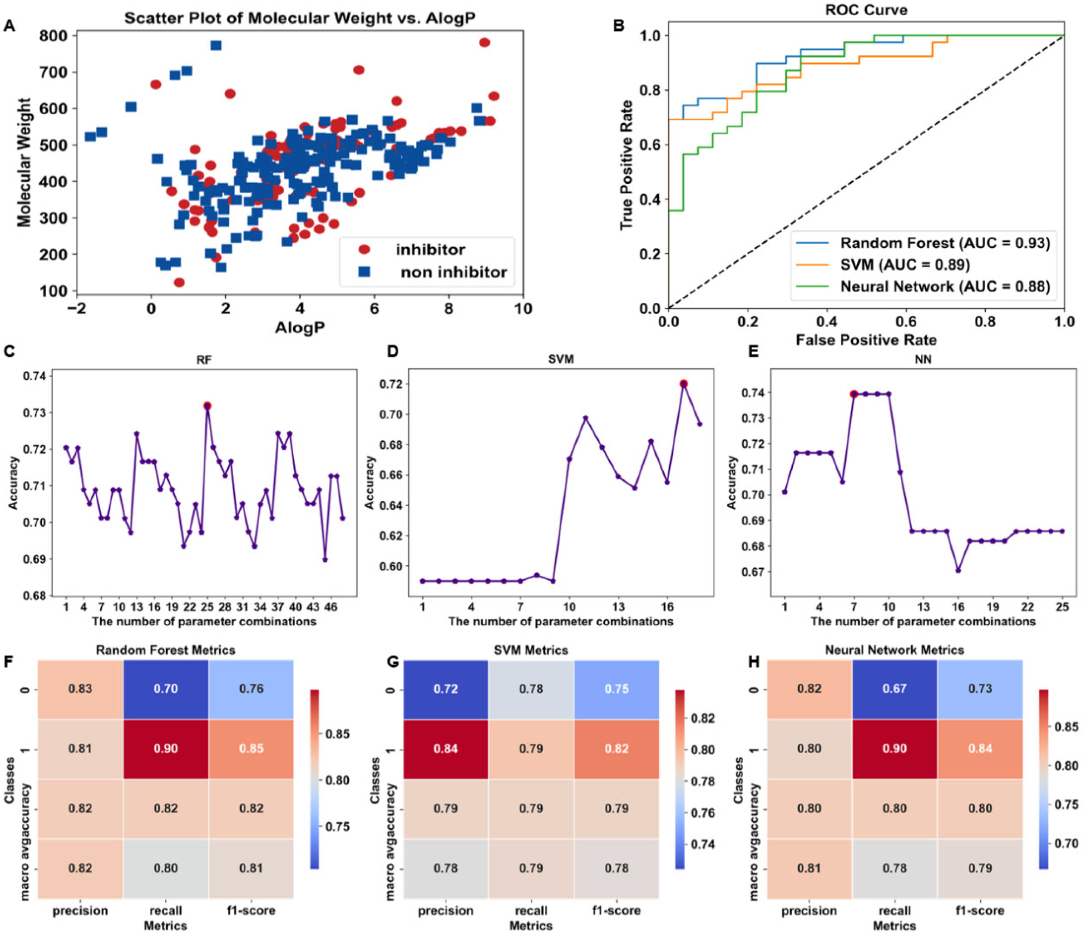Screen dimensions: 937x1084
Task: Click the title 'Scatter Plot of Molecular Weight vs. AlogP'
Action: (x=300, y=18)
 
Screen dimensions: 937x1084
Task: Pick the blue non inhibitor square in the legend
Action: (x=364, y=272)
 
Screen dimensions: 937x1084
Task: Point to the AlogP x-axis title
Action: (x=300, y=327)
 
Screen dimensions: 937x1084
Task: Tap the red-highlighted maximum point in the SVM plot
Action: (x=683, y=384)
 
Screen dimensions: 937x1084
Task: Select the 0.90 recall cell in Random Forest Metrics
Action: (x=166, y=749)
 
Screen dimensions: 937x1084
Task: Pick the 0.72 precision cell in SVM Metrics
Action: (x=445, y=689)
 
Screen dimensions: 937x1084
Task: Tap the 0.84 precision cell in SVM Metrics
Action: (x=445, y=749)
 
